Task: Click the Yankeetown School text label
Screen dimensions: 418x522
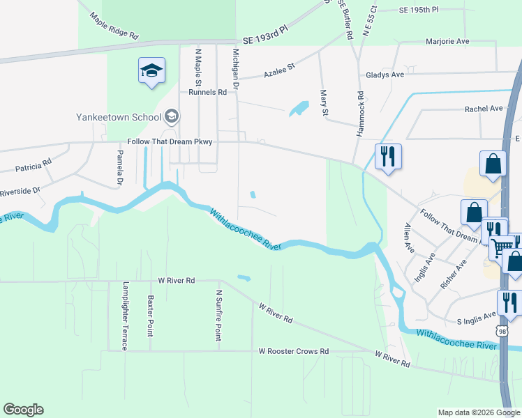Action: click(119, 117)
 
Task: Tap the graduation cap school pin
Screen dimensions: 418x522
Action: click(151, 71)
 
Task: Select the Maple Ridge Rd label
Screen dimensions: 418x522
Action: click(115, 25)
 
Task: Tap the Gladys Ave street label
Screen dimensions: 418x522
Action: click(385, 75)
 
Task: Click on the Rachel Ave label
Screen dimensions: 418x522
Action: click(484, 109)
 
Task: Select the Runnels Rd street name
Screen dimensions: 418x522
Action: click(207, 91)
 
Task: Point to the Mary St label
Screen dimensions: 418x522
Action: click(323, 103)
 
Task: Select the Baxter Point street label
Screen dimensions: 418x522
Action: click(149, 316)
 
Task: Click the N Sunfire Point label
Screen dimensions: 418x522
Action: click(218, 316)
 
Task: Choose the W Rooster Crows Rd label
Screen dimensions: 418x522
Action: click(293, 352)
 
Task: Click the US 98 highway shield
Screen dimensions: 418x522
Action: click(500, 330)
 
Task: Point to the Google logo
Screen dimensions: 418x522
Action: click(23, 410)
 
